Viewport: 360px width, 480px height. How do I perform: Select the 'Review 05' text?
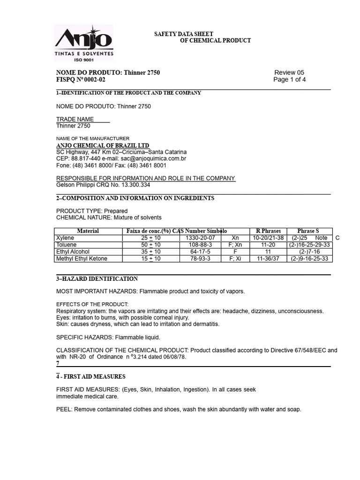pyautogui.click(x=289, y=73)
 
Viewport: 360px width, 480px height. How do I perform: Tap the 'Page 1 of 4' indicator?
pyautogui.click(x=290, y=80)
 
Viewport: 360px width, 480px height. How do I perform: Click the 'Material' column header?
pyautogui.click(x=88, y=231)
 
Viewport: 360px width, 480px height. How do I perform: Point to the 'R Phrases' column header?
pyautogui.click(x=268, y=231)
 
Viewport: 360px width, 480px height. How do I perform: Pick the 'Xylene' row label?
pyautogui.click(x=65, y=238)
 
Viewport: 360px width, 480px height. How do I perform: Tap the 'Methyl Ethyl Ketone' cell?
pyautogui.click(x=82, y=259)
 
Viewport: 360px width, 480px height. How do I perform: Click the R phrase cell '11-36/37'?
pyautogui.click(x=268, y=259)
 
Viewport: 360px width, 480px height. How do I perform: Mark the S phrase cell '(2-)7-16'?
pyautogui.click(x=309, y=252)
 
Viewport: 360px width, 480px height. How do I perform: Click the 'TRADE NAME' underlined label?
pyautogui.click(x=75, y=120)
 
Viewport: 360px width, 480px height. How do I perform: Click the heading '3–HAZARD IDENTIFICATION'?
pyautogui.click(x=97, y=279)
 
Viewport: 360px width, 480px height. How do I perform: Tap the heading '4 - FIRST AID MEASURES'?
pyautogui.click(x=91, y=377)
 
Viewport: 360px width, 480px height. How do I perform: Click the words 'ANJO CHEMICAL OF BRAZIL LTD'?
pyautogui.click(x=103, y=146)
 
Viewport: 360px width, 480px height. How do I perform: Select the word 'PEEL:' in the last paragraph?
pyautogui.click(x=64, y=409)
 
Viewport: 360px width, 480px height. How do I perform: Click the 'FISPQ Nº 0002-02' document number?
pyautogui.click(x=81, y=80)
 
